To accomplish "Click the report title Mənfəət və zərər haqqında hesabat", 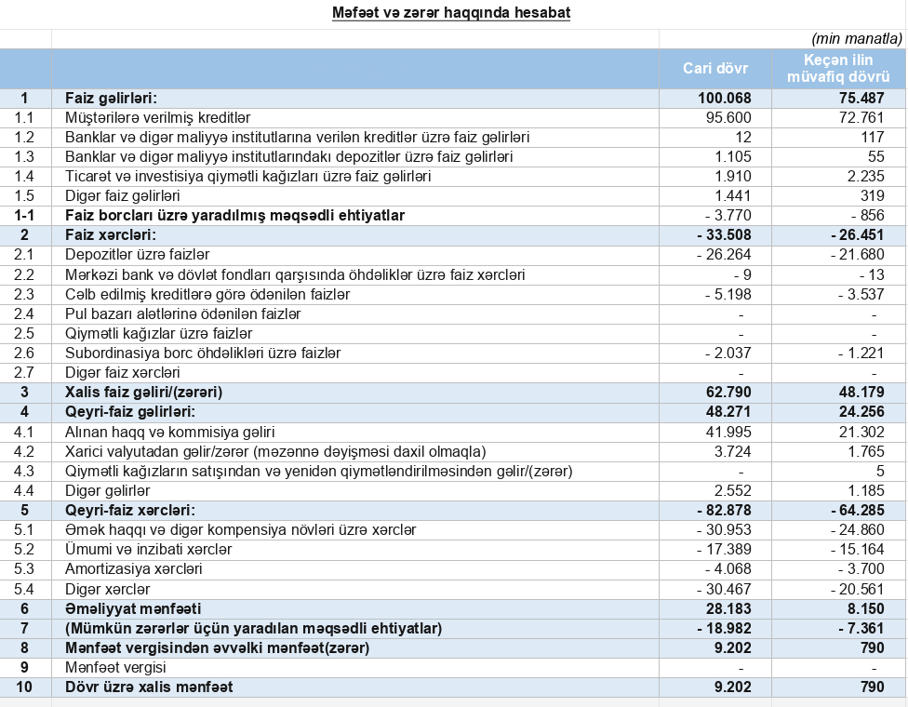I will (451, 13).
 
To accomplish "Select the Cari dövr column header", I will (714, 68).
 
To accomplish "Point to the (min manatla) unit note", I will (857, 38).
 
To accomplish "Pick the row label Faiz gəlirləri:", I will (110, 99).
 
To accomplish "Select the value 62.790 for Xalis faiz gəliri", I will (728, 392).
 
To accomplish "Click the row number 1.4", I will (25, 177).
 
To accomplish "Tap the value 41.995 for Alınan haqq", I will (728, 432).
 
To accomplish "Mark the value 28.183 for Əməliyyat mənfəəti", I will (728, 607).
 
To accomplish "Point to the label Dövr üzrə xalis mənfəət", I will (149, 687).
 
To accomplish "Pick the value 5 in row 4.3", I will (877, 471).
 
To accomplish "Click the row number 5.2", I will (25, 549).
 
